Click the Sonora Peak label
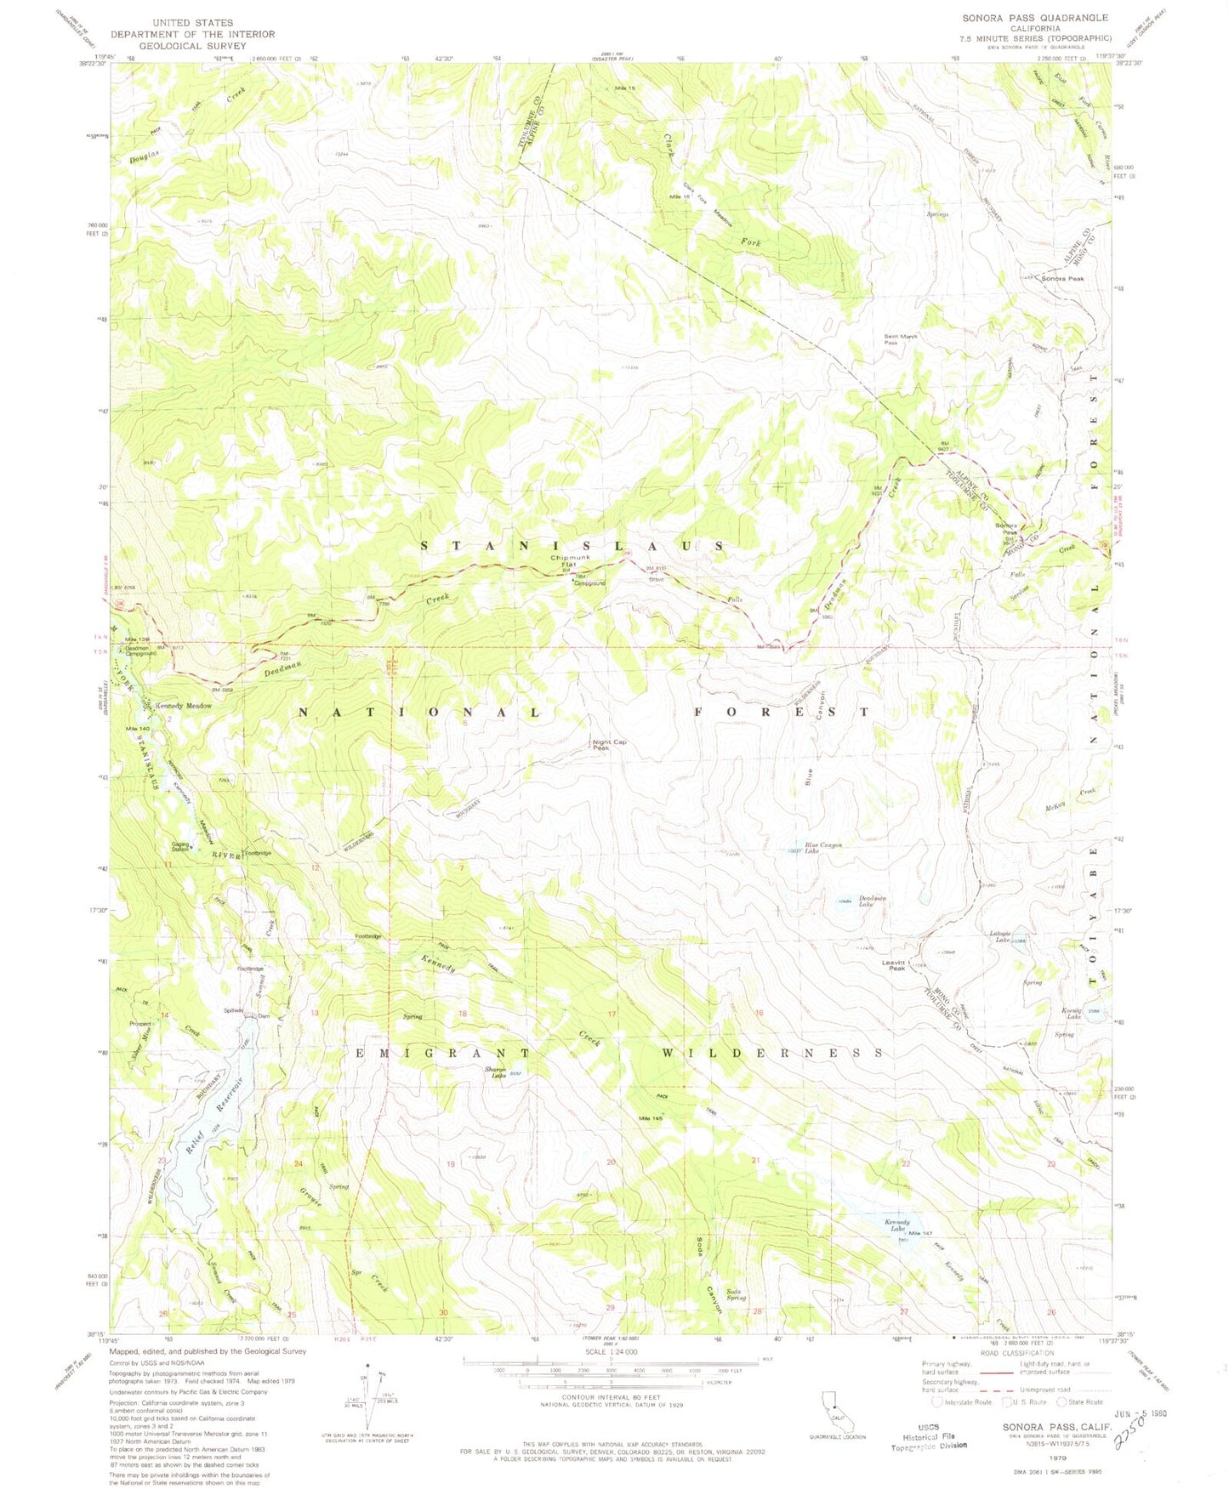(1062, 279)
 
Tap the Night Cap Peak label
(609, 745)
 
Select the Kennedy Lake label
(895, 1225)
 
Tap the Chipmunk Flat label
(564, 561)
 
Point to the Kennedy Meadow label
(183, 706)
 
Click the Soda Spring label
(737, 1294)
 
